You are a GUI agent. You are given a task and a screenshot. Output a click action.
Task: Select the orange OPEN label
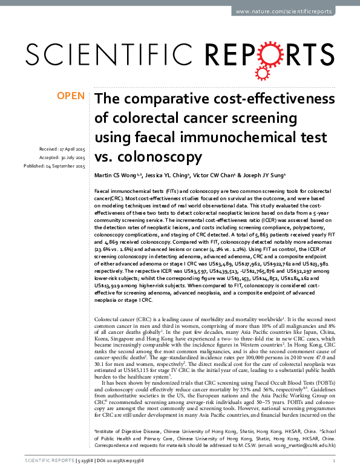[x=70, y=96]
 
